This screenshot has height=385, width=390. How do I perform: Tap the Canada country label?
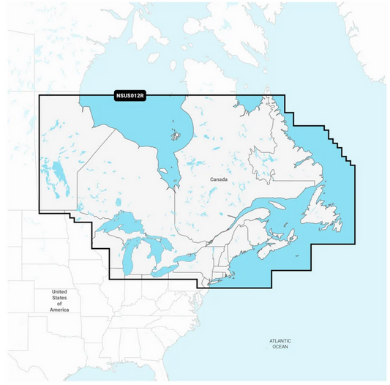pos(219,179)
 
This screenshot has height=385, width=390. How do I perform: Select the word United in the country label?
pos(60,292)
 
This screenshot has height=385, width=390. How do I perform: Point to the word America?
pos(59,310)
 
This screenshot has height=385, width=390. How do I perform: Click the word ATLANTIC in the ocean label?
pos(280,340)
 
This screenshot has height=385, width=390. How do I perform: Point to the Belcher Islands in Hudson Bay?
pos(176,135)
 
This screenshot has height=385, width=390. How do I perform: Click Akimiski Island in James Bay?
pos(170,178)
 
